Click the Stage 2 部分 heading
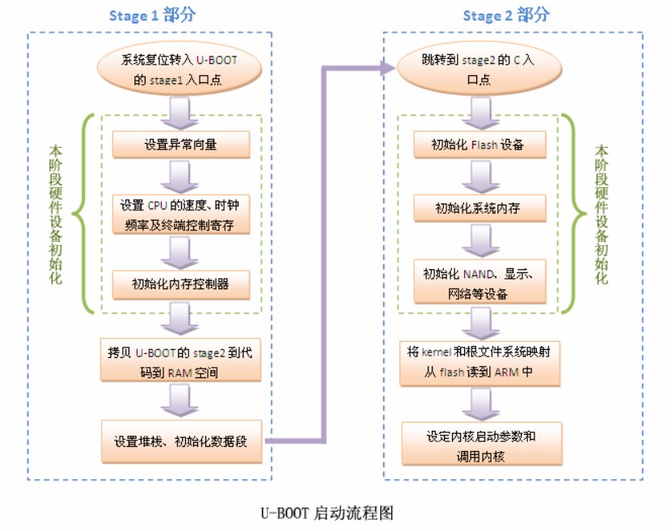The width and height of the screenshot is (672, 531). tap(506, 15)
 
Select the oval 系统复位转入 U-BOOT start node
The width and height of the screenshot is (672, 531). tap(180, 69)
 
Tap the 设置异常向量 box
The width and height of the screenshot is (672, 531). tap(181, 145)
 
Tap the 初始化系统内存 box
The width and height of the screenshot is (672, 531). tap(478, 209)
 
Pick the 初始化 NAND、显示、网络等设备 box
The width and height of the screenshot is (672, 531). tap(478, 282)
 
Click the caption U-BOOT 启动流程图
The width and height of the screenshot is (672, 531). tap(327, 512)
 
